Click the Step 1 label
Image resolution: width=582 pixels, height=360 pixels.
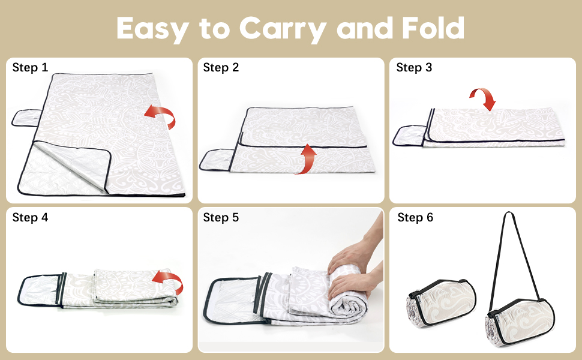coord(30,67)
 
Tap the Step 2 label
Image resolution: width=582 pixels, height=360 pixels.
coord(221,67)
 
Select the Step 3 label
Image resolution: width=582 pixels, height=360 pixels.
coord(414,67)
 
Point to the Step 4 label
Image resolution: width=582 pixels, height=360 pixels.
coord(30,217)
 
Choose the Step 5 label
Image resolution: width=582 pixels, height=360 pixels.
coord(221,217)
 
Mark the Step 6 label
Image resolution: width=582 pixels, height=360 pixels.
coord(415,217)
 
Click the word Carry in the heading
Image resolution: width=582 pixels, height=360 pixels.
coord(283,29)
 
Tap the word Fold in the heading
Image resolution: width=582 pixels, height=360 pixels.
coord(433,28)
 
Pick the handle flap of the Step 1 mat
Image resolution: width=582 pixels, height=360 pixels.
coord(26,118)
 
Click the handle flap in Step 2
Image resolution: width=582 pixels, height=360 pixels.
coord(217,160)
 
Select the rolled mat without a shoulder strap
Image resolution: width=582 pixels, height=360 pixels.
coord(442,303)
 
